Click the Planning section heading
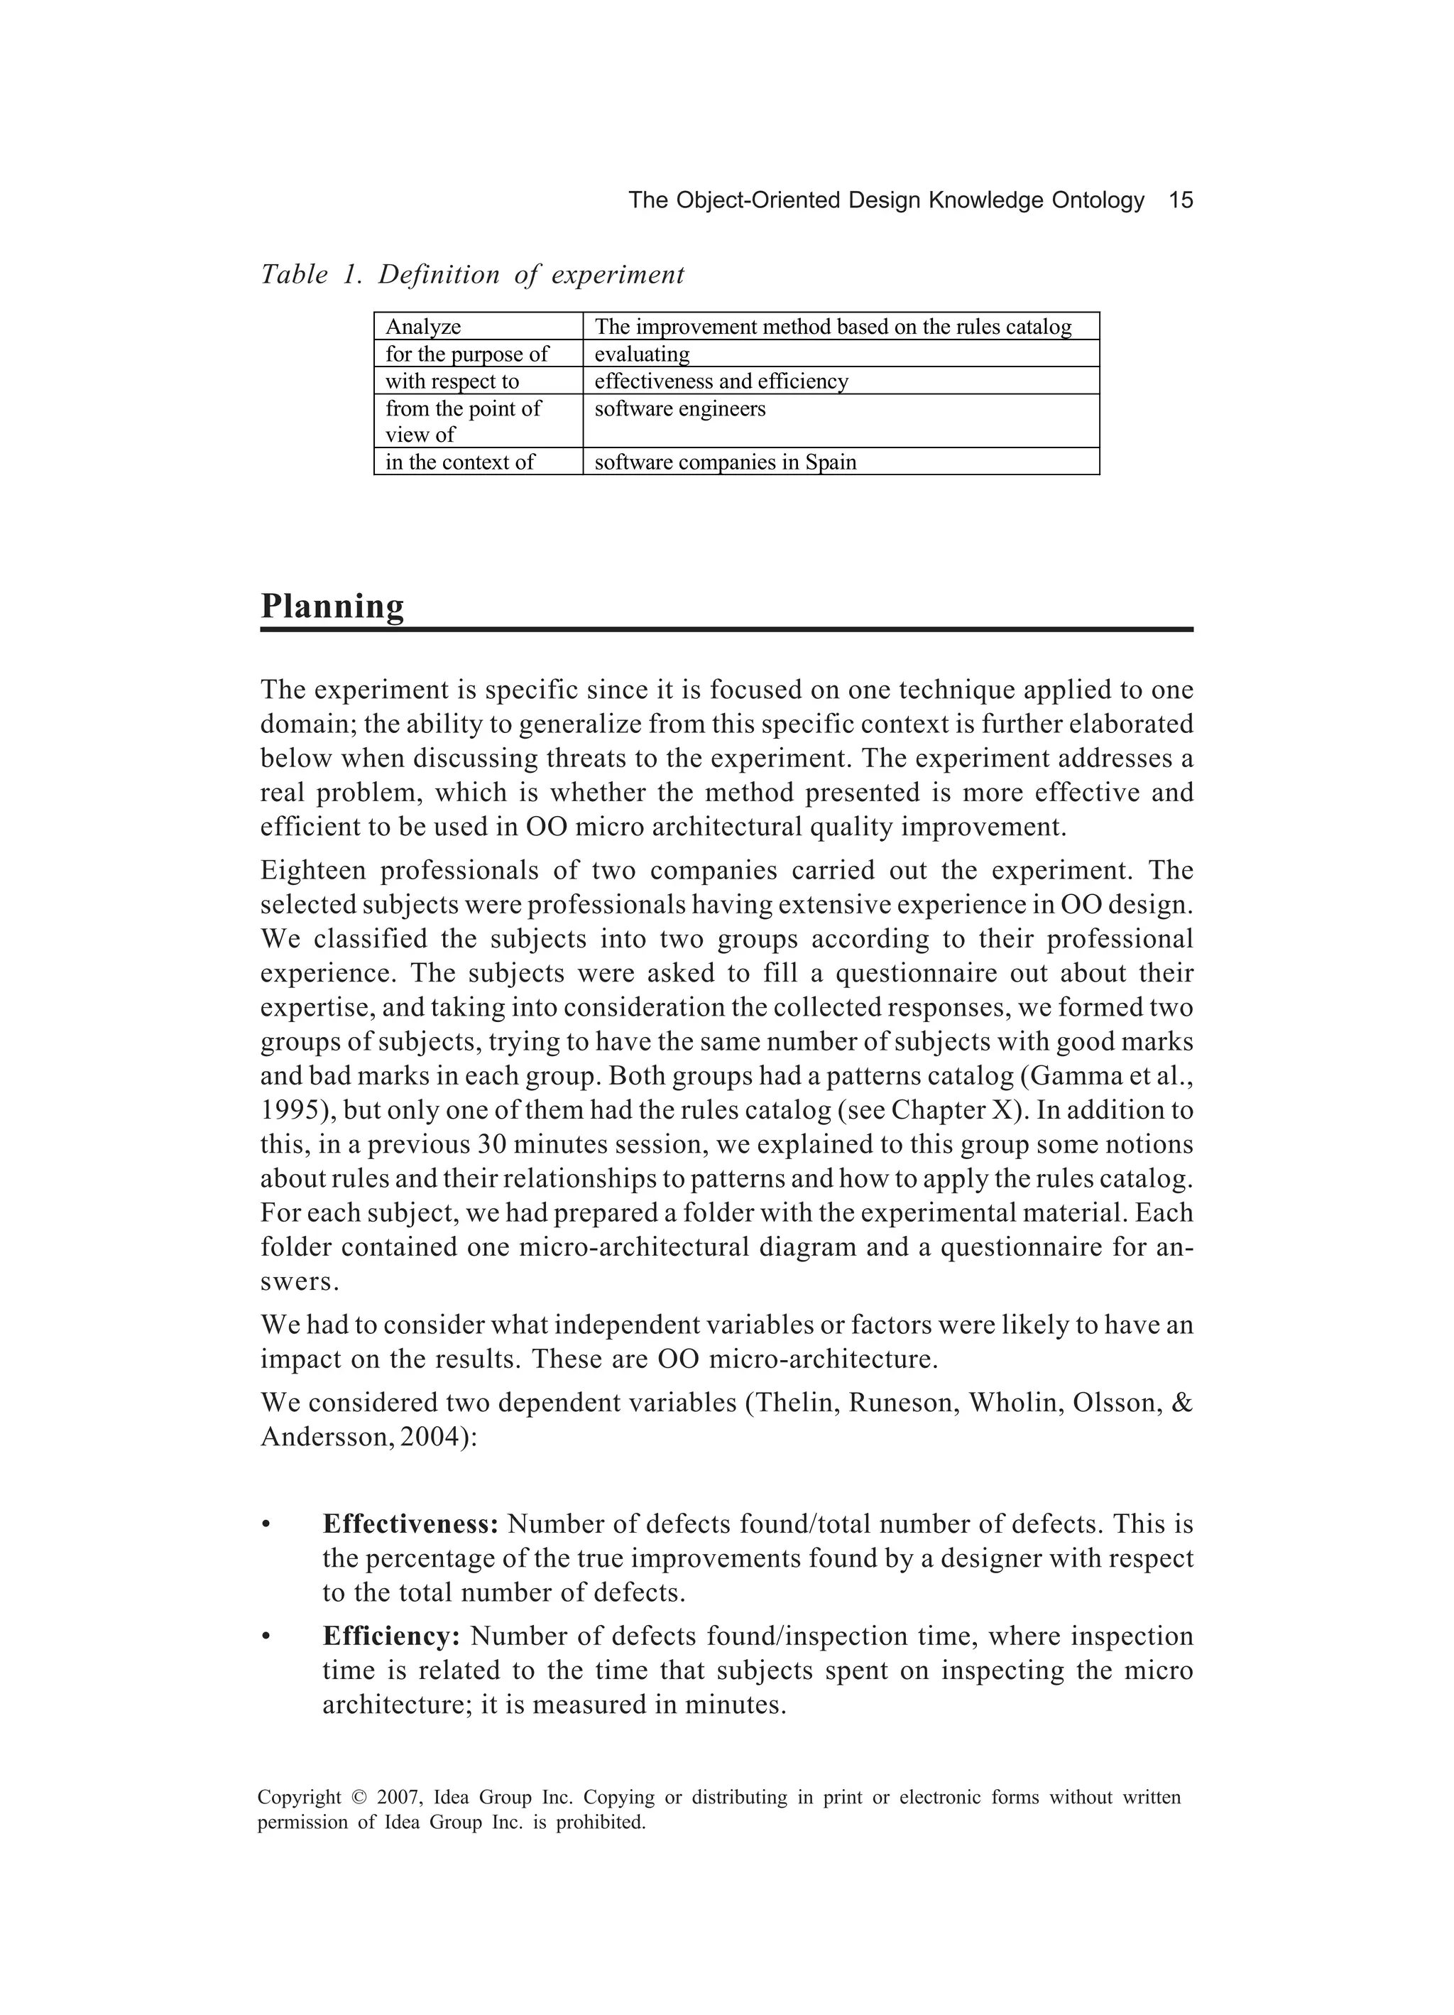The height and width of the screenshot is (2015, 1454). click(332, 606)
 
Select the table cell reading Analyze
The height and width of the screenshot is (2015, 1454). click(423, 327)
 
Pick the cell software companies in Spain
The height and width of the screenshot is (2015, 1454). click(725, 462)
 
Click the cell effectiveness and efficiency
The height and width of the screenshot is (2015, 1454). click(721, 381)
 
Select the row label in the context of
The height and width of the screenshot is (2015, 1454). click(459, 462)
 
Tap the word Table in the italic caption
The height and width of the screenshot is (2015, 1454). click(294, 275)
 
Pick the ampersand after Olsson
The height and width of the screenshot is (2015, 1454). click(1183, 1403)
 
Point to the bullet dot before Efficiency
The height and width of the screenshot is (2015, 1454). click(265, 1637)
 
